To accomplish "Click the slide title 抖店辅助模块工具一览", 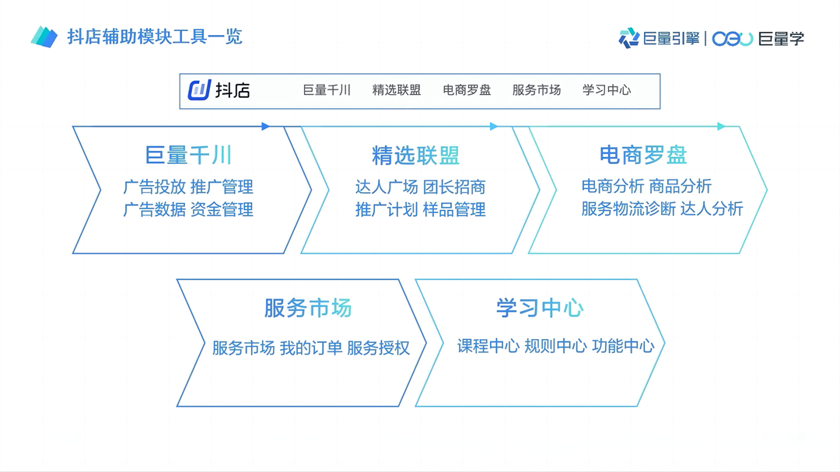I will tap(154, 37).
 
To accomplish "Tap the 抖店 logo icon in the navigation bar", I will tap(200, 90).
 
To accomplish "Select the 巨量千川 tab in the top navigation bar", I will tap(327, 90).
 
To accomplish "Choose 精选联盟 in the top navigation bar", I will tap(397, 90).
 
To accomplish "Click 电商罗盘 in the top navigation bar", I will tap(467, 90).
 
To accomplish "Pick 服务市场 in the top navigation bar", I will tap(537, 90).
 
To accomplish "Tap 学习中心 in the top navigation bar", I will tap(607, 90).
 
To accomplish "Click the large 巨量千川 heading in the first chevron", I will tap(189, 156).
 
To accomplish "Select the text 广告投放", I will tap(155, 187).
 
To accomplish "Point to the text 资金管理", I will tap(222, 210).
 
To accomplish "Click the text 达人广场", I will tap(387, 187).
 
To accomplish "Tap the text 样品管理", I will tap(454, 210).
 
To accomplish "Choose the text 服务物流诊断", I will tap(628, 209).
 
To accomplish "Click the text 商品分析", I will tap(680, 187).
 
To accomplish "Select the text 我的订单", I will tap(311, 348).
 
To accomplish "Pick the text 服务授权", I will tap(378, 348).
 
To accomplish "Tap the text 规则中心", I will tap(555, 346).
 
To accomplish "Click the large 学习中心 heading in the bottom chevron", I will tap(540, 308).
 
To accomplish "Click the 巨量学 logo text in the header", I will tap(781, 38).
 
